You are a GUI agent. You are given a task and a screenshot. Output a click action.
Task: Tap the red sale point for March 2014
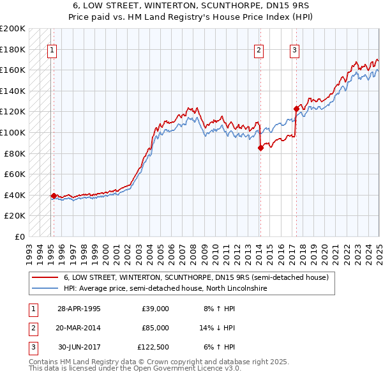260,148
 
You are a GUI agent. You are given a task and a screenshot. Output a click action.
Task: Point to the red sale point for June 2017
296,109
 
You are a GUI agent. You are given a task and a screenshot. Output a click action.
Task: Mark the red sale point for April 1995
54,196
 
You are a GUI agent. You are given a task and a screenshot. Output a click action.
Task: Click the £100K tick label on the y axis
13,132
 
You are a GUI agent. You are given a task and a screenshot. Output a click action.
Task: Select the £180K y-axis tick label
13,49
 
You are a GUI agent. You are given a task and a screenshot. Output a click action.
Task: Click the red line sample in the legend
45,278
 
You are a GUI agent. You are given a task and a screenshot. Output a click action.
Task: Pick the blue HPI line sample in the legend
45,288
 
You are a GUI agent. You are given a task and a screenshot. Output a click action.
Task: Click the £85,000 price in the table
155,328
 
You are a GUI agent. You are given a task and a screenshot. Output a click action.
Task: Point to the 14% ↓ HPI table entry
218,328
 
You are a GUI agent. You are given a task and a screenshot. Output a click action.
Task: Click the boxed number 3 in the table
31,347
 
